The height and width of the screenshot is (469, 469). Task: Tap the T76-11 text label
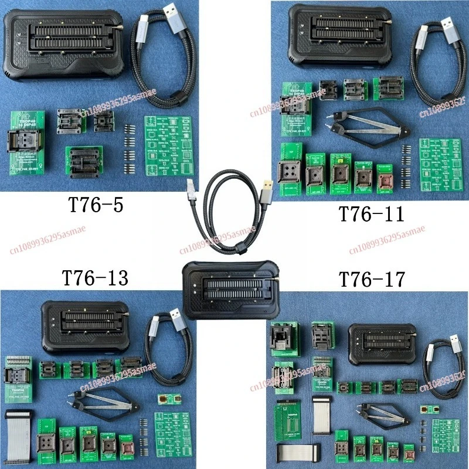tap(372, 214)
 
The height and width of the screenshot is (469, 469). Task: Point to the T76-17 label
tap(372, 279)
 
